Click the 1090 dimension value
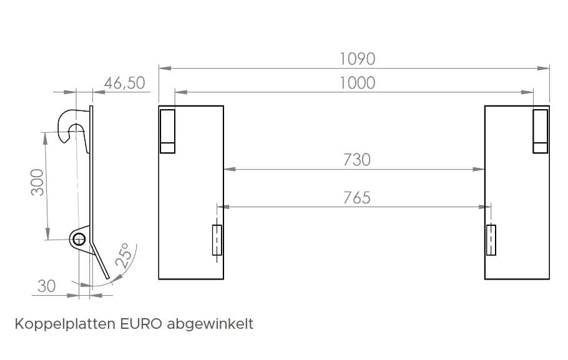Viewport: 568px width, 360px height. coord(357,59)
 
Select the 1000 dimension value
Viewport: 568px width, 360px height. coord(357,82)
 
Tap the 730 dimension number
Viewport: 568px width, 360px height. coord(356,160)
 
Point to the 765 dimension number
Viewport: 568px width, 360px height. coord(356,198)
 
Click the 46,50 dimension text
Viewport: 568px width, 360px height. coord(124,83)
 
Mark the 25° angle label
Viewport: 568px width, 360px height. coord(124,256)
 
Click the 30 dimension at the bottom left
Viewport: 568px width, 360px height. coord(47,286)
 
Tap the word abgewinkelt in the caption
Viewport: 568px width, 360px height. coord(210,324)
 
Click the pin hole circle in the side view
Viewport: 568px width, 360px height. coord(78,238)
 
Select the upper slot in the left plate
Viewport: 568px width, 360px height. coord(167,130)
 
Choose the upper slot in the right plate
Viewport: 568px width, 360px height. coord(540,130)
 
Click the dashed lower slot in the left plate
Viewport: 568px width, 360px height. coord(217,240)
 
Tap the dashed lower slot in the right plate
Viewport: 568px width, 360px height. coord(491,240)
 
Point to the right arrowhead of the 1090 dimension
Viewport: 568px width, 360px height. coord(546,68)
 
